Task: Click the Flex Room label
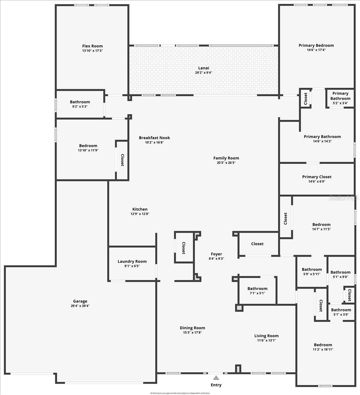92,46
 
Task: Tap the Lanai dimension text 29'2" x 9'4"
204,73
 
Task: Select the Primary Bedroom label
316,45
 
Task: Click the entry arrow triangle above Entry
216,378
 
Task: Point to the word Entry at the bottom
216,385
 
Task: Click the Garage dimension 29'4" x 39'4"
80,306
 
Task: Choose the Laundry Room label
132,261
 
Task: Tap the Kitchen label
140,209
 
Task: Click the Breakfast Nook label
154,138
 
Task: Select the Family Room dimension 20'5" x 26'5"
226,163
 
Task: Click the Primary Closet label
317,177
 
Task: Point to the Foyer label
216,254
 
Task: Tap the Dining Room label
192,328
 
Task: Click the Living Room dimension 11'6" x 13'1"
266,340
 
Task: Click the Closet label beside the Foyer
183,248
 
